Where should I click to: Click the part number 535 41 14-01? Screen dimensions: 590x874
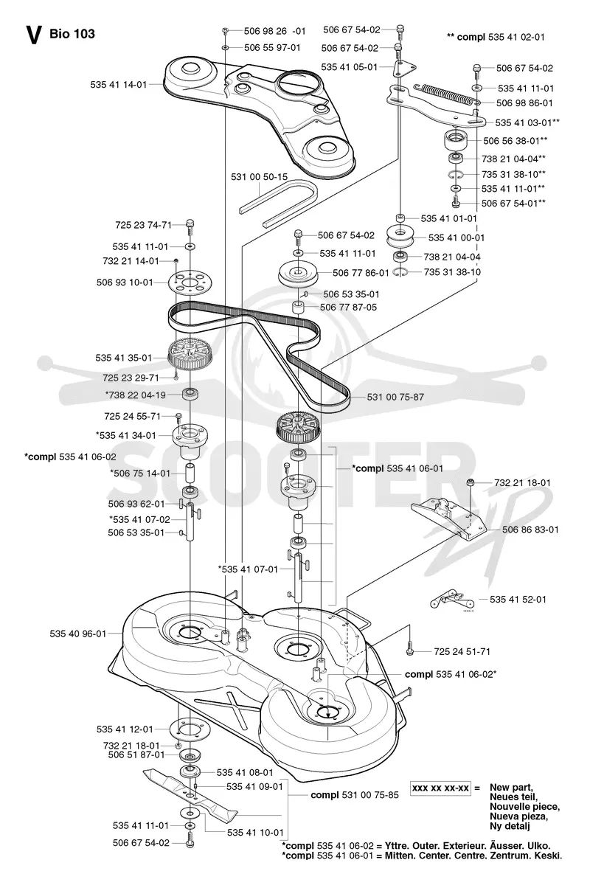tap(119, 85)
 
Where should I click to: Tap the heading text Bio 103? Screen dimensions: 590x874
tap(72, 33)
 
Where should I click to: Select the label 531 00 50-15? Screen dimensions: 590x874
tap(260, 177)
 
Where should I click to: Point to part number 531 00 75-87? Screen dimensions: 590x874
tap(395, 397)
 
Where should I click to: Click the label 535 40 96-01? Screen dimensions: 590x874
tap(78, 634)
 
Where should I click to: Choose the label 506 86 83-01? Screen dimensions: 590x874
tap(530, 530)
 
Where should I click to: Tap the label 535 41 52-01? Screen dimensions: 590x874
tap(518, 599)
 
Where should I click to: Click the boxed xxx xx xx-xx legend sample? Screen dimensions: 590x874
tap(440, 788)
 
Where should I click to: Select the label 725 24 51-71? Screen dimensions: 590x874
tap(462, 651)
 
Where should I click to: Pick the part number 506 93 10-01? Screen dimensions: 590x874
tap(125, 282)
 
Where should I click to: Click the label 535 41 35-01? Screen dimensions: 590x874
tap(124, 358)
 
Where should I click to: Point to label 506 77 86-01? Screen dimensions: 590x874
tap(361, 273)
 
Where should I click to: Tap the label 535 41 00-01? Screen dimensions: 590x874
tap(457, 237)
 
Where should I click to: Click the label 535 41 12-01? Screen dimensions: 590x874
tap(125, 729)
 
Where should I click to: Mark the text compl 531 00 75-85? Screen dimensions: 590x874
tap(355, 795)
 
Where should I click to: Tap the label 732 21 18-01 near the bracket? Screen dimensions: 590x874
tap(523, 482)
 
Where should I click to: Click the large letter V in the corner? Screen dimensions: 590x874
tap(33, 35)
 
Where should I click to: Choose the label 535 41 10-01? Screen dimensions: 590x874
tap(256, 833)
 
